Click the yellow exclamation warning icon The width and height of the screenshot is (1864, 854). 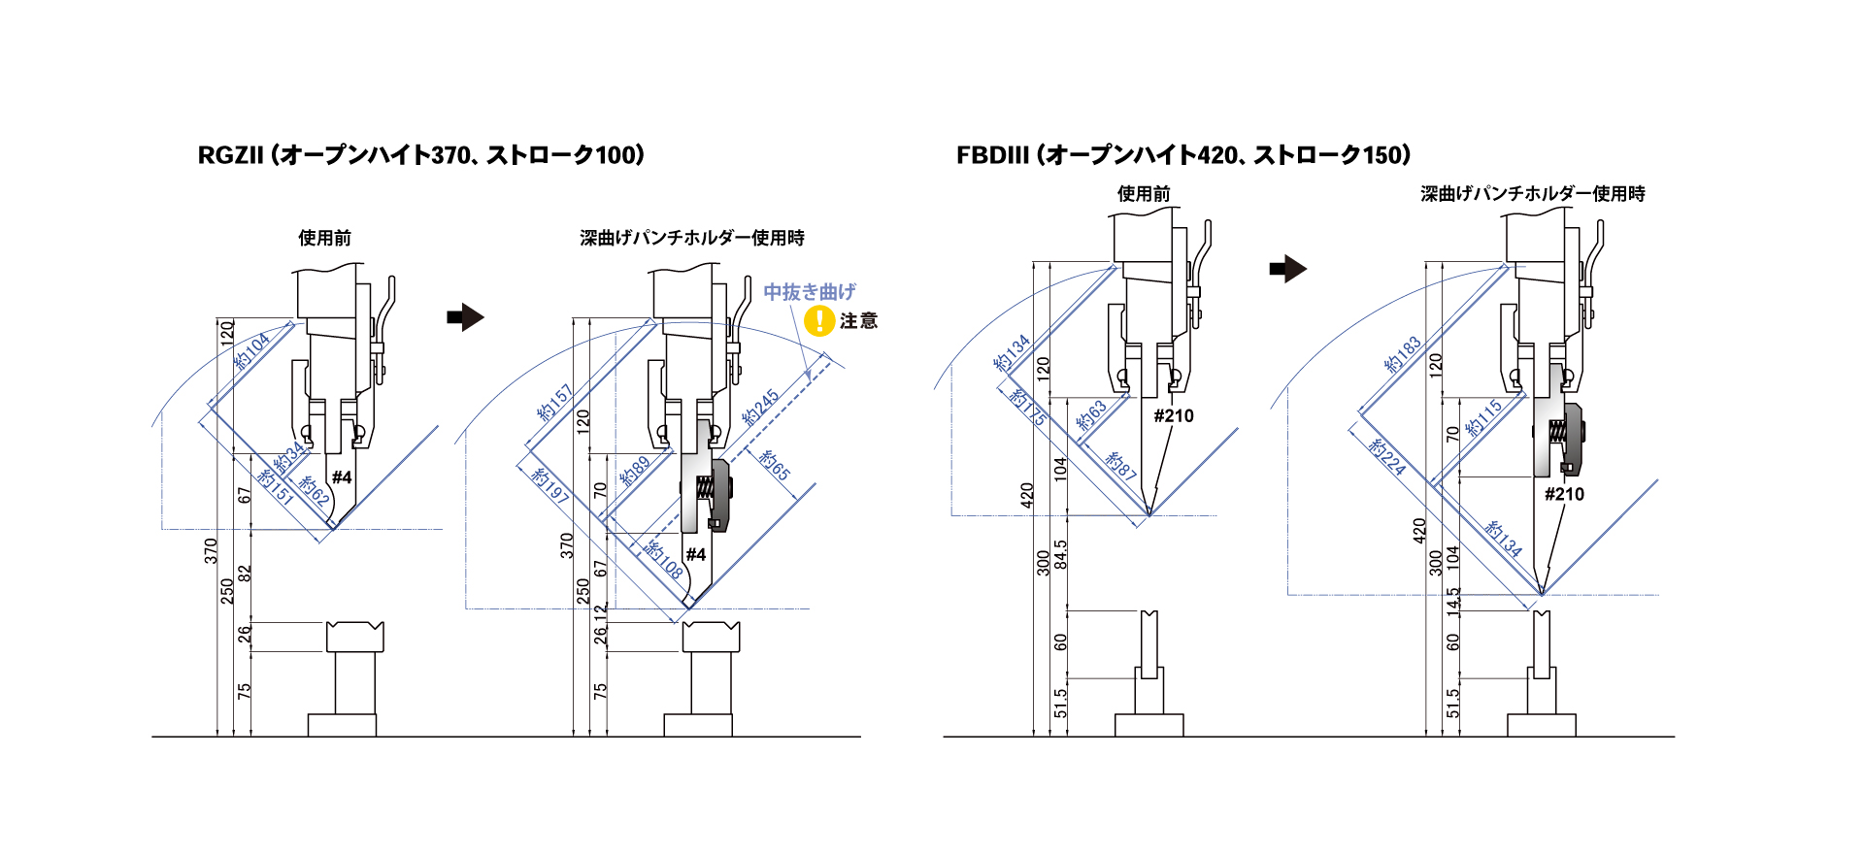[820, 320]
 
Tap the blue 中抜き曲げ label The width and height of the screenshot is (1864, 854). [810, 291]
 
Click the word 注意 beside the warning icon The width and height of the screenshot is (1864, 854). [858, 320]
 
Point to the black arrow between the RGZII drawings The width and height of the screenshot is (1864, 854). [465, 317]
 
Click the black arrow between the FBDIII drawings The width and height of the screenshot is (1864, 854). [1288, 269]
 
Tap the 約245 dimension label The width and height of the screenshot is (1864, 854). [761, 408]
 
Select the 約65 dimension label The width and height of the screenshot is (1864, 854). [775, 465]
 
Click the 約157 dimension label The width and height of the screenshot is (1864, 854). [555, 403]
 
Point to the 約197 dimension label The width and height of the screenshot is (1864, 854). [549, 485]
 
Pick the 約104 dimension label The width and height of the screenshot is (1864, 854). [252, 350]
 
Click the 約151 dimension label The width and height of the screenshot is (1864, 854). [276, 486]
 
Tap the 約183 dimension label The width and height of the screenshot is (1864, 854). [1403, 354]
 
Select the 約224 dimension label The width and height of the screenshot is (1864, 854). [1386, 456]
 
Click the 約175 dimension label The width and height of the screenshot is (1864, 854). [1027, 407]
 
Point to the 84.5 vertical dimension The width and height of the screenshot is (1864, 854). [1060, 555]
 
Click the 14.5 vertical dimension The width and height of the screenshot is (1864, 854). [1452, 601]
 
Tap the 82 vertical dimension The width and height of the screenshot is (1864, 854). [245, 574]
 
